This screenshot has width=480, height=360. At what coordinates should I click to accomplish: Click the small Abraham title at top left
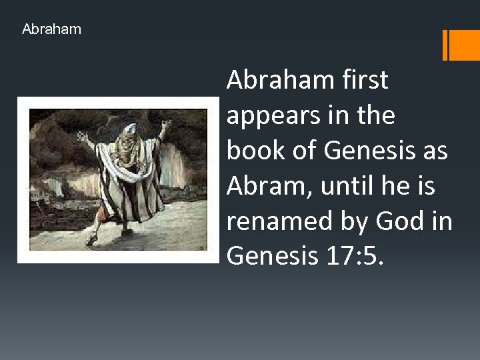coord(51,29)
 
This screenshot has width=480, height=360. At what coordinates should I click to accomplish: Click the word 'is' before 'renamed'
coord(439,186)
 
